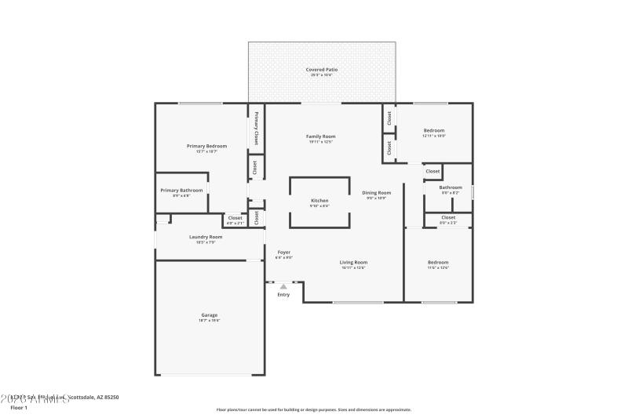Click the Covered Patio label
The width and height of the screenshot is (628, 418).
[321, 70]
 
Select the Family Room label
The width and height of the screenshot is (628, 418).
[321, 136]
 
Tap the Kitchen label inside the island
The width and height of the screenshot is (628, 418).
[319, 201]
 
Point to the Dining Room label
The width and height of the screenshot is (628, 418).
[376, 193]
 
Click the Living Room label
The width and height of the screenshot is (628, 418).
[353, 263]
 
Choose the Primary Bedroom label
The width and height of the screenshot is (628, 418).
[206, 146]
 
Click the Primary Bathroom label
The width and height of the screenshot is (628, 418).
[181, 191]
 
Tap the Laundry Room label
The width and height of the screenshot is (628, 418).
[206, 237]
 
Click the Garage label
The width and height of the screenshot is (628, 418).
[209, 315]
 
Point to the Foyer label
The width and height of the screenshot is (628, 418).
[283, 253]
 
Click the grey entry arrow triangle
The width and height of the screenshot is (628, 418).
[283, 286]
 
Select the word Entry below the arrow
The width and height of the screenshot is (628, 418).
[283, 295]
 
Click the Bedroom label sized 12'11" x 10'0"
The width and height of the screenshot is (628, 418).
[434, 130]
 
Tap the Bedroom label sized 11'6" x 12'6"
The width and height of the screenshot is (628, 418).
[438, 262]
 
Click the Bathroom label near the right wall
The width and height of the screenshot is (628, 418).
[451, 187]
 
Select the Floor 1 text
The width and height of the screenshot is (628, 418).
[19, 408]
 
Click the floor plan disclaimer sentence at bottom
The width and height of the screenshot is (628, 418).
[313, 409]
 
